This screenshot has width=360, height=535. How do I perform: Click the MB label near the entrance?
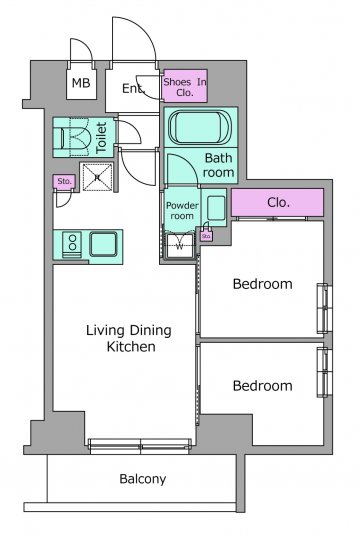[x=81, y=83]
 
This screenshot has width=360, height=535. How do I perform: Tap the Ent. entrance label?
[x=133, y=89]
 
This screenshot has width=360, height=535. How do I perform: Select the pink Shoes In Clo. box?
[x=185, y=86]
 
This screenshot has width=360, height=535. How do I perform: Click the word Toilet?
[x=101, y=138]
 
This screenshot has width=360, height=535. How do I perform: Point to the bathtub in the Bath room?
[x=200, y=127]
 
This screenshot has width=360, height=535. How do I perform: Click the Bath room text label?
[x=218, y=165]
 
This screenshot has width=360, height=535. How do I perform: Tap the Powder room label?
[x=182, y=211]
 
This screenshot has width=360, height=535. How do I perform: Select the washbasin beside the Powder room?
[x=216, y=208]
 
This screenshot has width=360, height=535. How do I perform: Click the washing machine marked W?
[x=179, y=246]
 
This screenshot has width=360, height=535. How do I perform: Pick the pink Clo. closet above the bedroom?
[x=277, y=202]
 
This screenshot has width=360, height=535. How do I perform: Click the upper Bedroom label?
[x=262, y=284]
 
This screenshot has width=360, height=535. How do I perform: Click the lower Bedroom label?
[x=262, y=386]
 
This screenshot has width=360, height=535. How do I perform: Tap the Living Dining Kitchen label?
[x=129, y=338]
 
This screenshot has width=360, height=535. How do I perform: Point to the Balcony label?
[x=143, y=479]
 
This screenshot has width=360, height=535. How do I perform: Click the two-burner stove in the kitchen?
[x=72, y=244]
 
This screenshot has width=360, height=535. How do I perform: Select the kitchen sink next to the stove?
[x=103, y=244]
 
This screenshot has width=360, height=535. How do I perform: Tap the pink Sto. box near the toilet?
[x=64, y=182]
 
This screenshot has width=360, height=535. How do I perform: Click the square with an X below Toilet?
[x=98, y=177]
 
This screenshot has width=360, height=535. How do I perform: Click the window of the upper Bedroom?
[x=325, y=308]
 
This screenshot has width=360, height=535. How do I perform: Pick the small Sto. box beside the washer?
[x=206, y=236]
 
